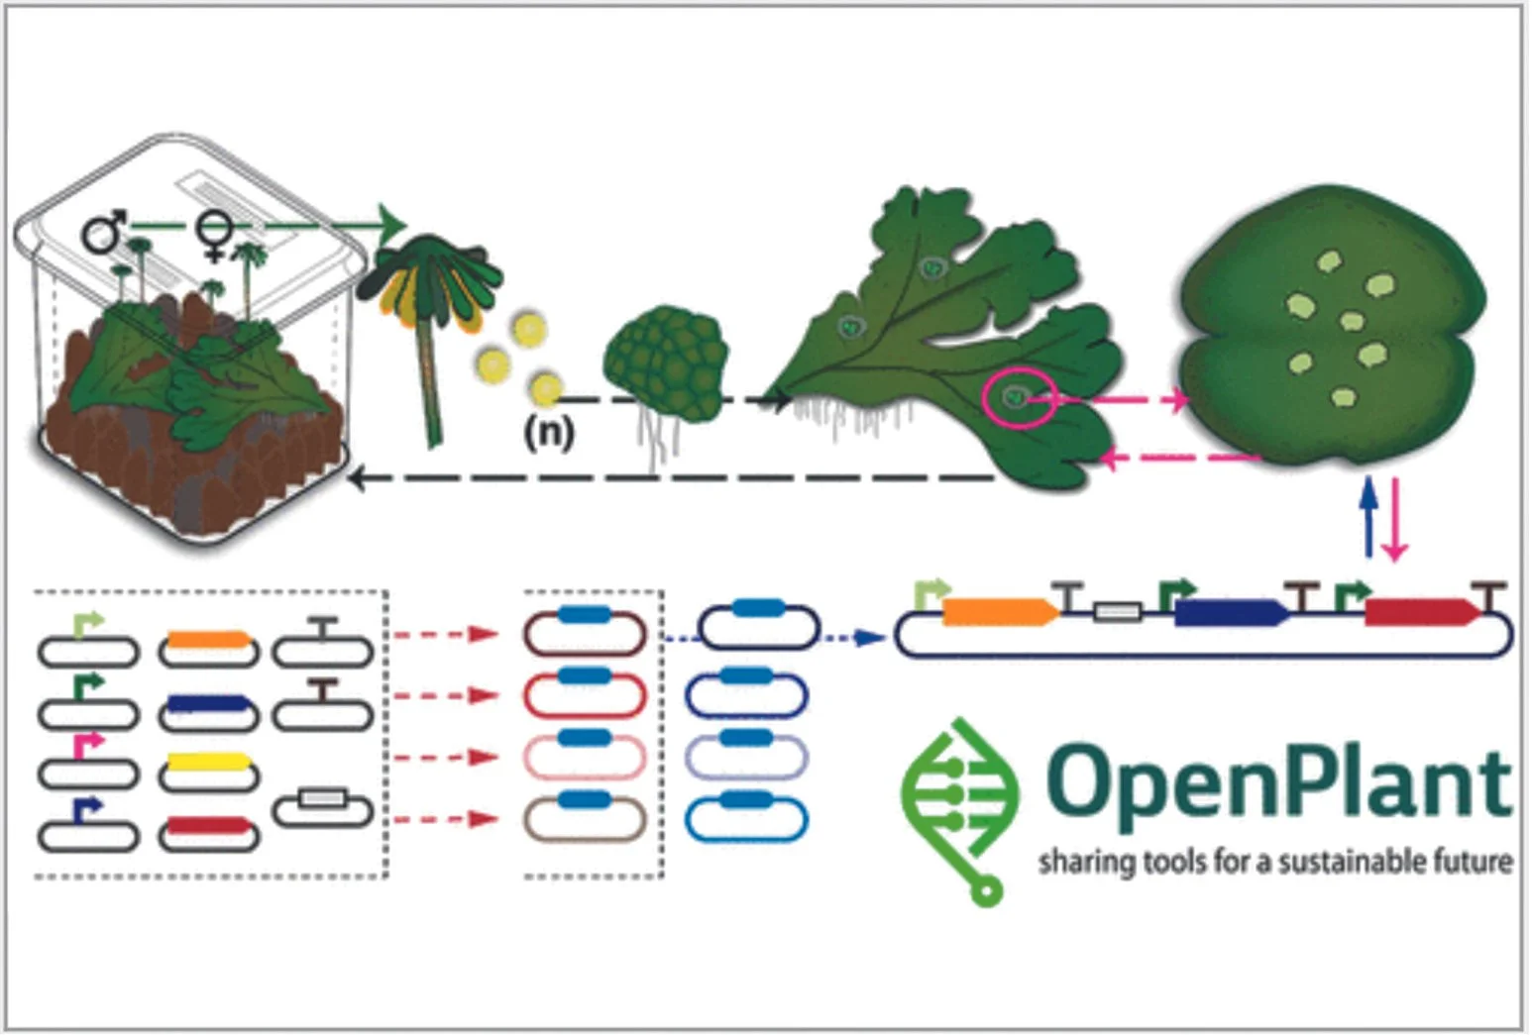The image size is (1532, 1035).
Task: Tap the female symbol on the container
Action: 213,235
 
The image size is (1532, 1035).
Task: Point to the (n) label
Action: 549,432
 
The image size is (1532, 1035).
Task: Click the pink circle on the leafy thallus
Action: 1018,398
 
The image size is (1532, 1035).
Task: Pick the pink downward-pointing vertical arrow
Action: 1394,520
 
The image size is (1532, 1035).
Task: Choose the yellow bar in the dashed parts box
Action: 207,762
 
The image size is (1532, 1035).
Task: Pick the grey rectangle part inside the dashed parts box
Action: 322,798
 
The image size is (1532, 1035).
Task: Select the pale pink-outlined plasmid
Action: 584,757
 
